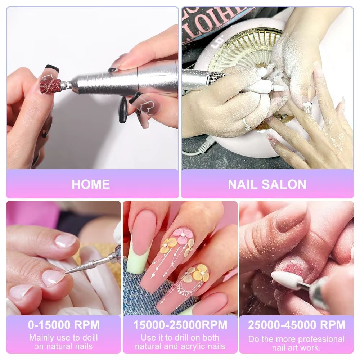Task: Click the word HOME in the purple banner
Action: click(x=91, y=184)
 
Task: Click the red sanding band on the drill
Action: click(x=50, y=86)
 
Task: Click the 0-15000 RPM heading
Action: click(x=63, y=325)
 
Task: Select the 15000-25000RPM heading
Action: click(x=180, y=325)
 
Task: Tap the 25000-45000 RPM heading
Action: click(x=296, y=325)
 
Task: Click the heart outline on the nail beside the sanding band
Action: click(x=47, y=76)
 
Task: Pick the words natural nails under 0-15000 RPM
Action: click(x=63, y=346)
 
